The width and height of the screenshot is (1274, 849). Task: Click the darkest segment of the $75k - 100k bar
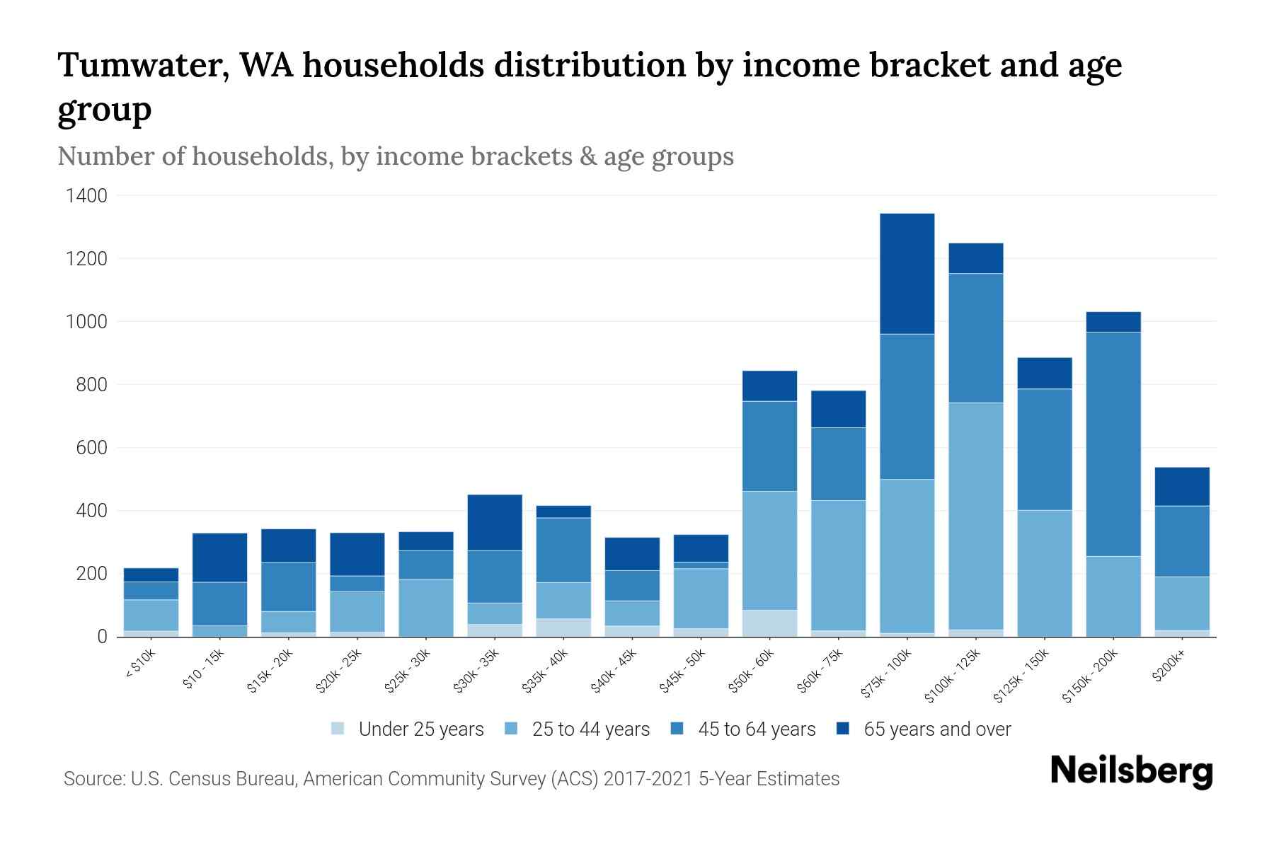pos(907,274)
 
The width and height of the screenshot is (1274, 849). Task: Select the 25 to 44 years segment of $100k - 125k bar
pos(975,516)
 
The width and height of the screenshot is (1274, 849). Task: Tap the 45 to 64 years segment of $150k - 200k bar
pos(1113,444)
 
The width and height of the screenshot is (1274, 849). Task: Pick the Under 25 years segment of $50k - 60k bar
pos(769,623)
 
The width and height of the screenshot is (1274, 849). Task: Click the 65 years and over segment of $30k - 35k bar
pos(495,522)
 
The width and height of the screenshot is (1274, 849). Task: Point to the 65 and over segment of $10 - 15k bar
pos(219,558)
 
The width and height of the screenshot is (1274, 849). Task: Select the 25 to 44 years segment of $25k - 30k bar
pos(426,608)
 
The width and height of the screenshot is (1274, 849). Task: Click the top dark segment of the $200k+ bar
pos(1182,487)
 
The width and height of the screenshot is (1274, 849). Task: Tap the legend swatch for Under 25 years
pos(338,729)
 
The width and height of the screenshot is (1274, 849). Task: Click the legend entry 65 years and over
pos(936,729)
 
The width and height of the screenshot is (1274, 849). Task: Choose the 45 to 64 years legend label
pos(756,729)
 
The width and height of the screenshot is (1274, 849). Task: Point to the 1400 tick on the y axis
pos(86,196)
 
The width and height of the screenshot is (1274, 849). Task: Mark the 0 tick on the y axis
pos(103,637)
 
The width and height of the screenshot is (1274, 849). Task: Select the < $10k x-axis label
pos(140,666)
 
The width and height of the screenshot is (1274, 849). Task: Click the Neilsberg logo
pos(1131,771)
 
